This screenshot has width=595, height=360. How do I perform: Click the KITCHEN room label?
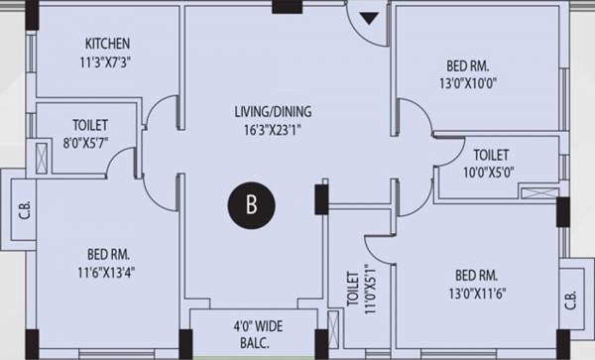coord(107,44)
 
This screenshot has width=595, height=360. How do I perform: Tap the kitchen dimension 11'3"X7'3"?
coord(107,60)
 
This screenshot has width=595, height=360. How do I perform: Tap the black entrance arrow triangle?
coord(369,18)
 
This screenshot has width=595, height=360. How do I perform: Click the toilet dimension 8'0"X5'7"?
coord(89,142)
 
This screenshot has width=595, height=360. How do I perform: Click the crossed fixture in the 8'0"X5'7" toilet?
coord(44,159)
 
